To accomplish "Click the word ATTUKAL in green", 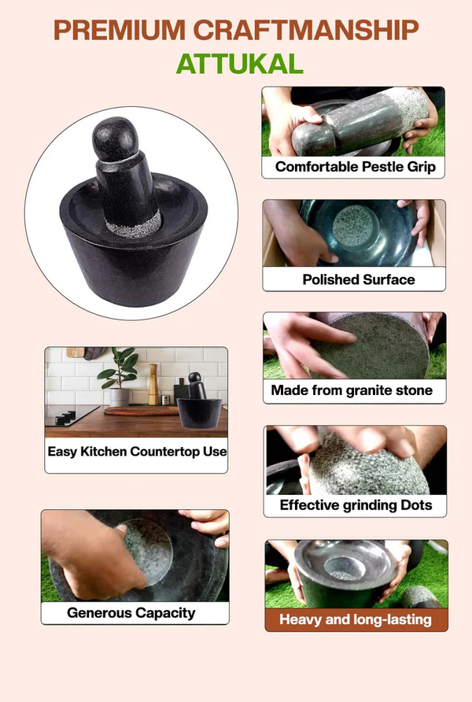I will coord(239,63).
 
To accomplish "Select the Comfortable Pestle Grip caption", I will coord(355,167).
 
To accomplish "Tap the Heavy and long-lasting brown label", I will coord(356,619).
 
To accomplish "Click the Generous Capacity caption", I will coord(131,612).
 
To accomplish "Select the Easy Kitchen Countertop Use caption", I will coord(137,452).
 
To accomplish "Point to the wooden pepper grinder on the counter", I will coord(153,383).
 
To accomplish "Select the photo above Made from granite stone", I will coord(354,345).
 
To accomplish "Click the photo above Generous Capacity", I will coord(135,555).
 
